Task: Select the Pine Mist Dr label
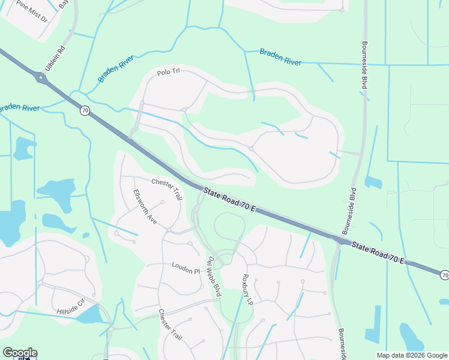(31, 11)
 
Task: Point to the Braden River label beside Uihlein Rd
(115, 69)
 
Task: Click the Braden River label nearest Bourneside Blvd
(280, 57)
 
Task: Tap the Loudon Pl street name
(185, 268)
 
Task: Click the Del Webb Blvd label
(214, 276)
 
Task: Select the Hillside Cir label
(71, 307)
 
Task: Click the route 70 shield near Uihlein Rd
(85, 110)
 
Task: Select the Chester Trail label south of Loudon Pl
(170, 325)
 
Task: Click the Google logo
(20, 353)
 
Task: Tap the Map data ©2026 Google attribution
(412, 355)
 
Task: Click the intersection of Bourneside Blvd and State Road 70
(342, 241)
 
